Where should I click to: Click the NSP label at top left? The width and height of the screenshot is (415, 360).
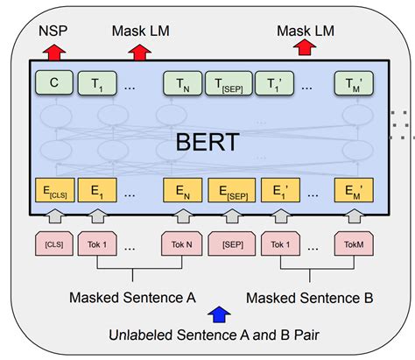point(52,32)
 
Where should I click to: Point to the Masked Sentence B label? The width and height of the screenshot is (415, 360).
point(309,298)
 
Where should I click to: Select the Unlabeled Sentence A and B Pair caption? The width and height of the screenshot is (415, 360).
point(219,335)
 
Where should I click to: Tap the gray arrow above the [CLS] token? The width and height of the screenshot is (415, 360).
point(52,215)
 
